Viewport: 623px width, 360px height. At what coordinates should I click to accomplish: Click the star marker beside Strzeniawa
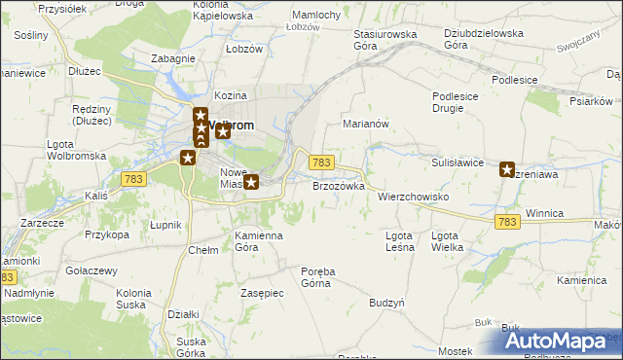[507, 169]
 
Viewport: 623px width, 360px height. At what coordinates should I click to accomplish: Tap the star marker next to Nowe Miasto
[251, 181]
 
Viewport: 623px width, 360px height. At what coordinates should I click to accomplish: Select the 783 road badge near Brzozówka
[322, 162]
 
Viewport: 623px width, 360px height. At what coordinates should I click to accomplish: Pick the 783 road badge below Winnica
[506, 223]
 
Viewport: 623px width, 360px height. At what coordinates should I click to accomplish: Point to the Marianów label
[366, 125]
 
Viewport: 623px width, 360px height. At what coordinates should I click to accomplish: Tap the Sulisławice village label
[458, 162]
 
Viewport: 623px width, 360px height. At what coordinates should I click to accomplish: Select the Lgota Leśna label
[399, 241]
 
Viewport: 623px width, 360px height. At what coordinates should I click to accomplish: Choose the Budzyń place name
[386, 304]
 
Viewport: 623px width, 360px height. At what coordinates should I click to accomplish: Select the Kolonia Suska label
[133, 299]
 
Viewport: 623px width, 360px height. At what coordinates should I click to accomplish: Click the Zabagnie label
[172, 58]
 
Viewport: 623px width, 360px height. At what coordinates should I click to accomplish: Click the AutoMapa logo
[559, 340]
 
